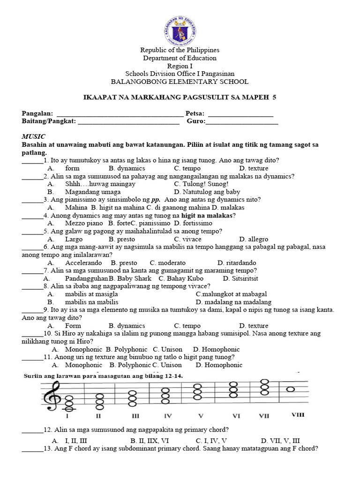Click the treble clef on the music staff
[x=50, y=395]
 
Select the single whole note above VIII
[x=291, y=389]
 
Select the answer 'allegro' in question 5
[x=253, y=239]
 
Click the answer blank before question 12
[x=32, y=430]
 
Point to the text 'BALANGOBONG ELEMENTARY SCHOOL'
[x=180, y=81]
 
